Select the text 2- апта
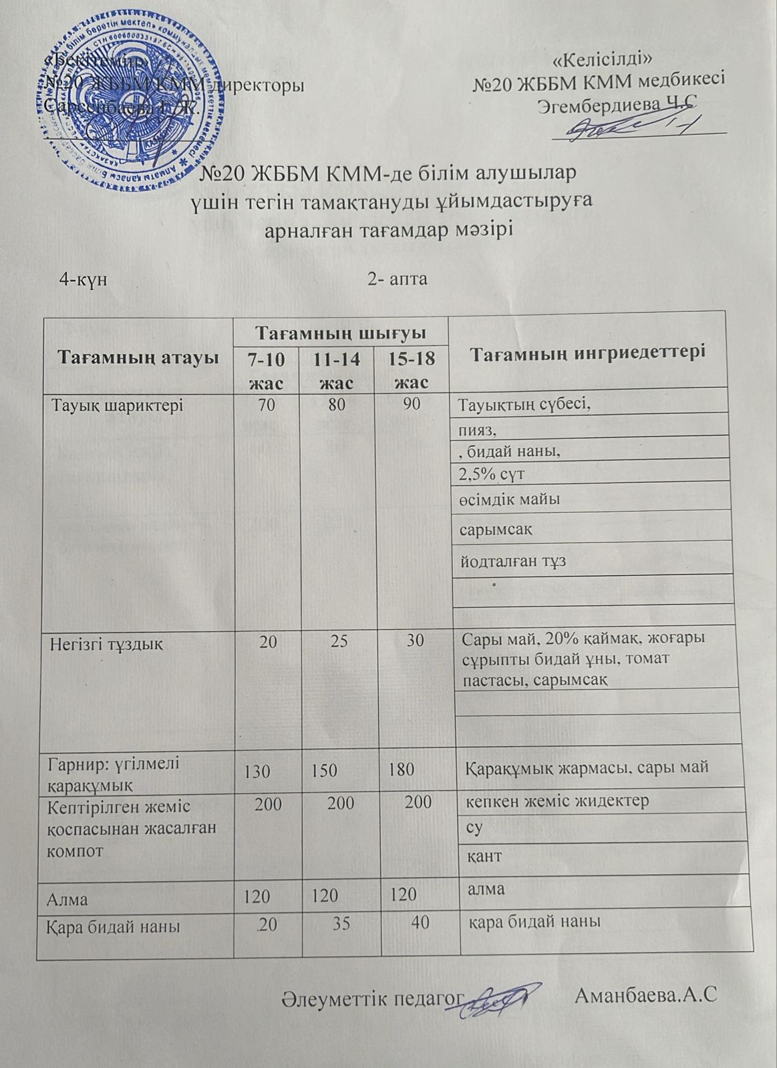397,279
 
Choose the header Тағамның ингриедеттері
589,352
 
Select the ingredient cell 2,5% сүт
492,475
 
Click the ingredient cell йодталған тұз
512,561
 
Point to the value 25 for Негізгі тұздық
339,642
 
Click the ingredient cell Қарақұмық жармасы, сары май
586,768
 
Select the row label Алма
67,898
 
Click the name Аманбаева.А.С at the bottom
645,997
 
